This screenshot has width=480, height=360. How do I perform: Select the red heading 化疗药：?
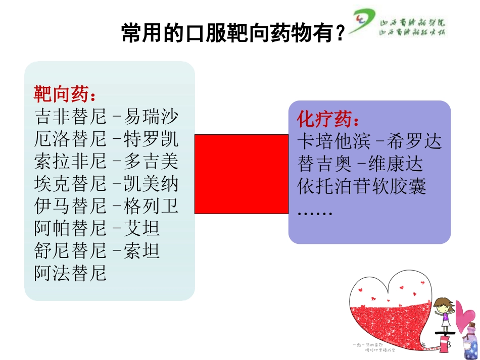point(329,120)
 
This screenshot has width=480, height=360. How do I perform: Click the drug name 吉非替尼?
point(71,117)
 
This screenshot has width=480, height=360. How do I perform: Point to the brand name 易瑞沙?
point(151,117)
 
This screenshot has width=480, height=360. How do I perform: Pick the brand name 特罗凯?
point(151,139)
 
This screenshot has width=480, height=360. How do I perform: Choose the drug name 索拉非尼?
point(71,162)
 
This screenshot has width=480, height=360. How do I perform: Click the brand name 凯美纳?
point(151,184)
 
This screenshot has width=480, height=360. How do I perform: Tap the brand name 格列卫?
point(151,206)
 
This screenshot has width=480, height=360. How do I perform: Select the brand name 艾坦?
point(142,228)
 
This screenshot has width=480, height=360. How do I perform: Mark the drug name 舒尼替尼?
point(71,250)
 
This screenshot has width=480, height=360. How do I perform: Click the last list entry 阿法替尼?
point(71,273)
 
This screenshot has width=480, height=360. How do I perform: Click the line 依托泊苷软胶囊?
point(362,186)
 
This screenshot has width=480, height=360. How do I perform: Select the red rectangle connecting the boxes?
point(242,174)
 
